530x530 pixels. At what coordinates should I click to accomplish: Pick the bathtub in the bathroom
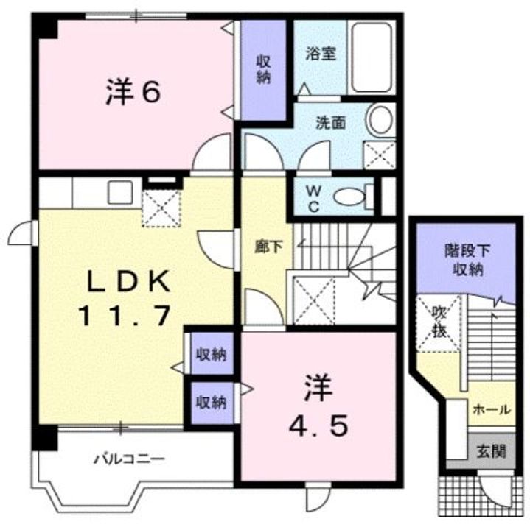point(372,57)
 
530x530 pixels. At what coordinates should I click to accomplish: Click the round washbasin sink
point(380,120)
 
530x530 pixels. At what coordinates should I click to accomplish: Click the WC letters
point(313,197)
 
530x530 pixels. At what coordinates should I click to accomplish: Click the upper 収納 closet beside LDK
point(210,356)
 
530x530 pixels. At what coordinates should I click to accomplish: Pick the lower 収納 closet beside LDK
point(210,402)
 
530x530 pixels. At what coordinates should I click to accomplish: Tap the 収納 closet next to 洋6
point(263,70)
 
